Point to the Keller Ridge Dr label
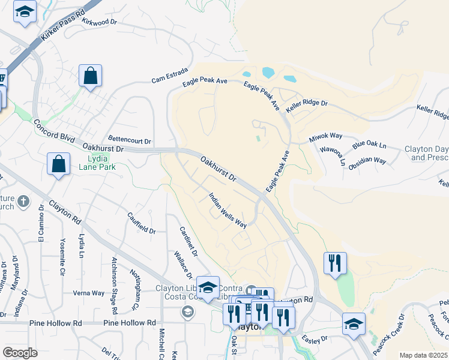coord(307,104)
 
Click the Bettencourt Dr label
coord(130,140)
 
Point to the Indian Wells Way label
coord(228,210)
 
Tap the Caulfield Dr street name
coord(142,221)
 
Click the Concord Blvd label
coord(55,130)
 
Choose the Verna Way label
coord(88,293)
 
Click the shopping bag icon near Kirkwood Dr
coord(90,76)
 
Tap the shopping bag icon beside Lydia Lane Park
coord(59,164)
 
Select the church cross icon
coord(23,201)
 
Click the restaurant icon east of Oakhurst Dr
coord(334,262)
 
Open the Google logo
coord(20,353)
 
